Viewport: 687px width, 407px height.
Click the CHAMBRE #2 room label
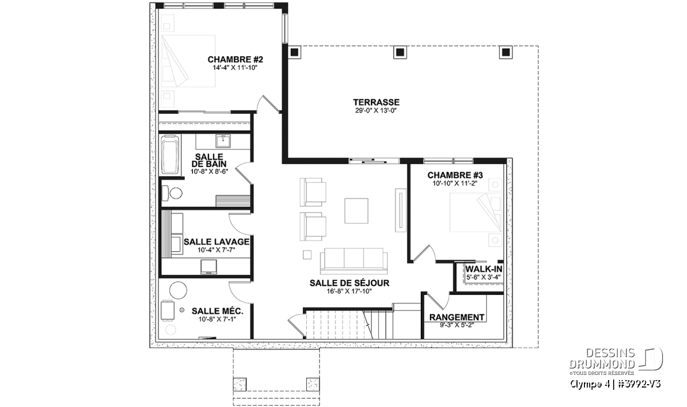(x=235, y=59)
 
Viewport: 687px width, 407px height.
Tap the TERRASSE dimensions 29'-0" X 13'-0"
(x=376, y=110)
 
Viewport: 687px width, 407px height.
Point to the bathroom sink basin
(x=223, y=141)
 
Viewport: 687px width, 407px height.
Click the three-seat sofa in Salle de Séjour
(x=354, y=261)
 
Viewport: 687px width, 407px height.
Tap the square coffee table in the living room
(x=356, y=211)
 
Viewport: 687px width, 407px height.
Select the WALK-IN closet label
(x=484, y=269)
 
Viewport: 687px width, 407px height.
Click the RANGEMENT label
(x=457, y=317)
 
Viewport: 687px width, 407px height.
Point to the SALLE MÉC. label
(x=218, y=311)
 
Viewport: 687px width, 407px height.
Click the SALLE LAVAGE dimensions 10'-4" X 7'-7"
(x=216, y=250)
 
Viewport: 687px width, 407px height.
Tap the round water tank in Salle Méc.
(x=178, y=290)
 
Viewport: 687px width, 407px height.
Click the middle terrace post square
(x=400, y=53)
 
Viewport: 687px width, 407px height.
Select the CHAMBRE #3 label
(x=455, y=175)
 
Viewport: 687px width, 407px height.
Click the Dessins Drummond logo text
(x=602, y=358)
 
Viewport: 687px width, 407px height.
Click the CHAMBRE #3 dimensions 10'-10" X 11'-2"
(x=455, y=183)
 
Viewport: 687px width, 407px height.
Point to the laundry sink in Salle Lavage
(x=208, y=267)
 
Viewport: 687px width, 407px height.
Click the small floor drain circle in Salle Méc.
(x=182, y=310)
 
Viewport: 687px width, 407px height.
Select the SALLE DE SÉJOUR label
(x=349, y=283)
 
